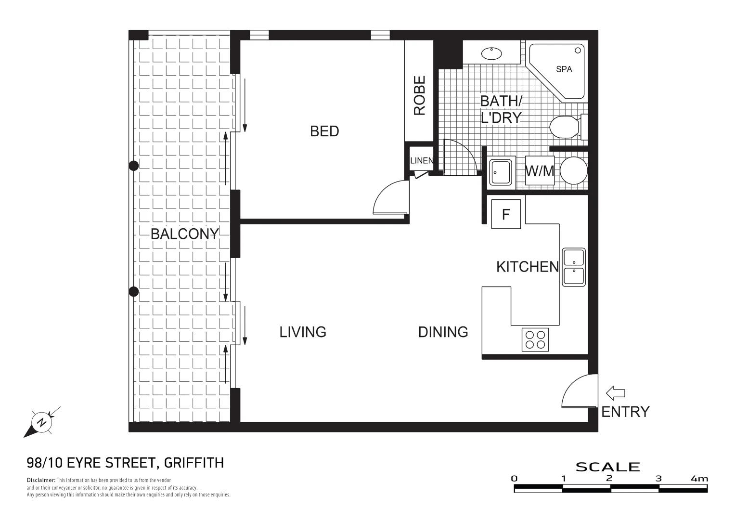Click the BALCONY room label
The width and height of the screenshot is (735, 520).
point(185,234)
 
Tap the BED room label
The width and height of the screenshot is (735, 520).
point(324,131)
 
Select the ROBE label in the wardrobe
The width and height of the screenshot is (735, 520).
point(419,95)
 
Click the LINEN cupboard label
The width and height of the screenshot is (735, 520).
point(421,161)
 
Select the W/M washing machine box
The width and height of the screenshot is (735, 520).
point(540,171)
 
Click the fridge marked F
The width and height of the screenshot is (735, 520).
point(506,214)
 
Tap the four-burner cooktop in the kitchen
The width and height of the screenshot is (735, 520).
point(535,339)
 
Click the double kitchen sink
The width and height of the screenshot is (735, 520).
point(574,267)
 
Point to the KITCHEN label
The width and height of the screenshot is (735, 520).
point(527,267)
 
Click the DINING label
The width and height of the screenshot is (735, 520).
point(443,332)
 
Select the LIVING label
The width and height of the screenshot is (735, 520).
point(303,332)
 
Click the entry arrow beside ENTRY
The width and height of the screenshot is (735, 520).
point(615,393)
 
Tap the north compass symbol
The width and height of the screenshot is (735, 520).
point(42,422)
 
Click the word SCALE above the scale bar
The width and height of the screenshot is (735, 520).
point(607,467)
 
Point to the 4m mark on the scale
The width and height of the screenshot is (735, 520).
point(699,479)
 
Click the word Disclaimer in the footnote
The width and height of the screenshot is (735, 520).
point(41,480)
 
